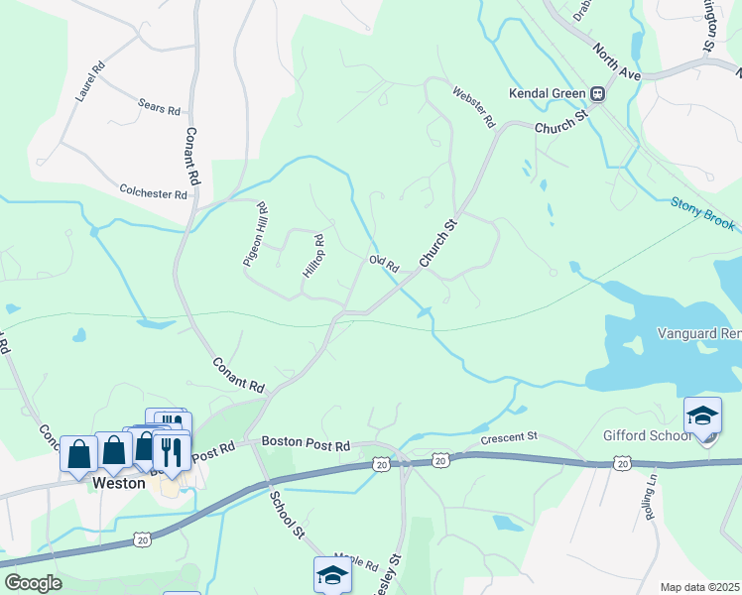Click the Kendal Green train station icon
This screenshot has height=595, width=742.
pyautogui.click(x=598, y=94)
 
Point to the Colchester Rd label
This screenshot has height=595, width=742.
pyautogui.click(x=154, y=190)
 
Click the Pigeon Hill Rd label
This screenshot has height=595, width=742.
pyautogui.click(x=256, y=234)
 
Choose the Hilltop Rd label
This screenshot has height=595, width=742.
pyautogui.click(x=309, y=255)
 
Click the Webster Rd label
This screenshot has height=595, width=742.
pyautogui.click(x=473, y=106)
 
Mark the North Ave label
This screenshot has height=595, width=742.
pyautogui.click(x=617, y=61)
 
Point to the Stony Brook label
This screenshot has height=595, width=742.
pyautogui.click(x=703, y=214)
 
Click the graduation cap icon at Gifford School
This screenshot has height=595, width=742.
pyautogui.click(x=702, y=416)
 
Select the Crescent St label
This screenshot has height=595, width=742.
pyautogui.click(x=508, y=436)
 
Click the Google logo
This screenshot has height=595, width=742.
pyautogui.click(x=32, y=582)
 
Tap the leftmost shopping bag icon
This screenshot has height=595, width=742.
pyautogui.click(x=78, y=453)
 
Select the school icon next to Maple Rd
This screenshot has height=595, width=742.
pyautogui.click(x=332, y=574)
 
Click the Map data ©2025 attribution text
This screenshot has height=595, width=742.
pyautogui.click(x=700, y=587)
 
